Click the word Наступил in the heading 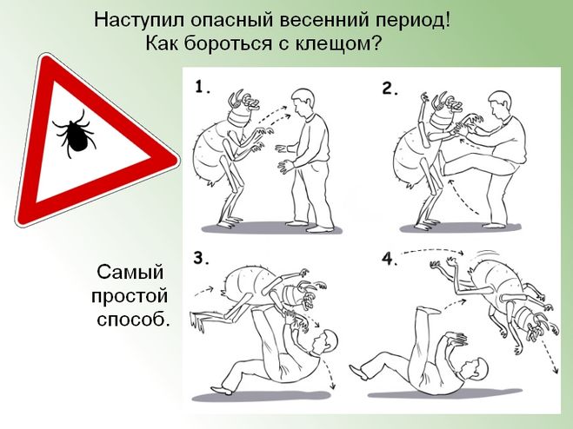[x=140, y=19]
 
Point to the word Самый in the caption [x=130, y=272]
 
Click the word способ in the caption [x=134, y=320]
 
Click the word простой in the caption [x=130, y=296]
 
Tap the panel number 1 [x=203, y=87]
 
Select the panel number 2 [x=390, y=89]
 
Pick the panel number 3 [x=201, y=258]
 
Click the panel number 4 [x=390, y=259]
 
